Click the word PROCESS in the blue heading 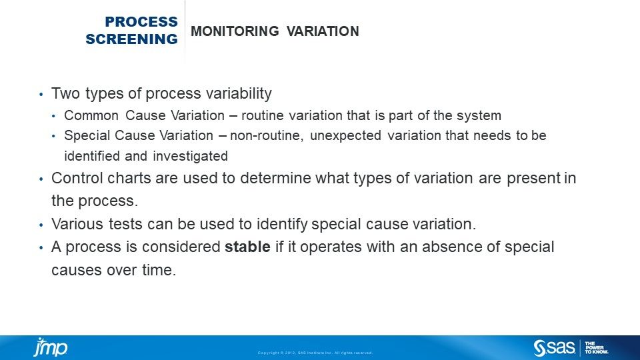[x=141, y=21]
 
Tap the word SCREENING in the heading [x=131, y=39]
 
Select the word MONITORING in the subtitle [x=235, y=31]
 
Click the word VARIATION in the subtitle [x=323, y=31]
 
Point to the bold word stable [x=247, y=247]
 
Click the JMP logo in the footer [x=51, y=347]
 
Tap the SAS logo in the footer [x=554, y=348]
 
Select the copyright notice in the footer [x=315, y=353]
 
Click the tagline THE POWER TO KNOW [x=596, y=348]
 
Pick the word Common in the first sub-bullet [x=91, y=115]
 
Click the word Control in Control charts [x=77, y=178]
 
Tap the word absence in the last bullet [x=451, y=247]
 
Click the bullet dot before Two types [x=41, y=95]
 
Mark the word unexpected [x=346, y=136]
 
